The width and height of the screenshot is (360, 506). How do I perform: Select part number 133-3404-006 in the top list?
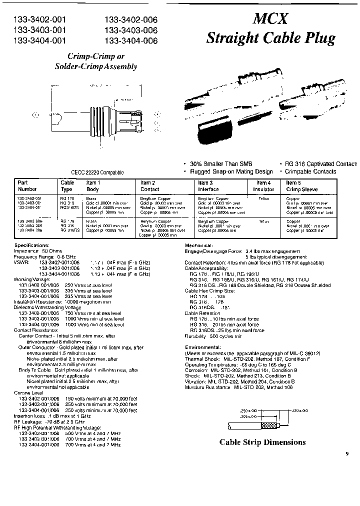pos(131,40)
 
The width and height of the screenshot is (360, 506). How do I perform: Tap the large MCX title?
pos(270,19)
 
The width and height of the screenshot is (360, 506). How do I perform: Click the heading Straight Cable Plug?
pos(270,38)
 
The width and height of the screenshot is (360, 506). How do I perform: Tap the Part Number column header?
pos(27,186)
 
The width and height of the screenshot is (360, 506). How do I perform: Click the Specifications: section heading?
pos(31,245)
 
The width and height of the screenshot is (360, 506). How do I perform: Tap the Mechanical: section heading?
pos(199,245)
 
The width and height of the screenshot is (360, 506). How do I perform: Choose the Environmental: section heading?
pos(203,346)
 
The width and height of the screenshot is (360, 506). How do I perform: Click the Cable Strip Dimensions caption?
pos(262,442)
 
